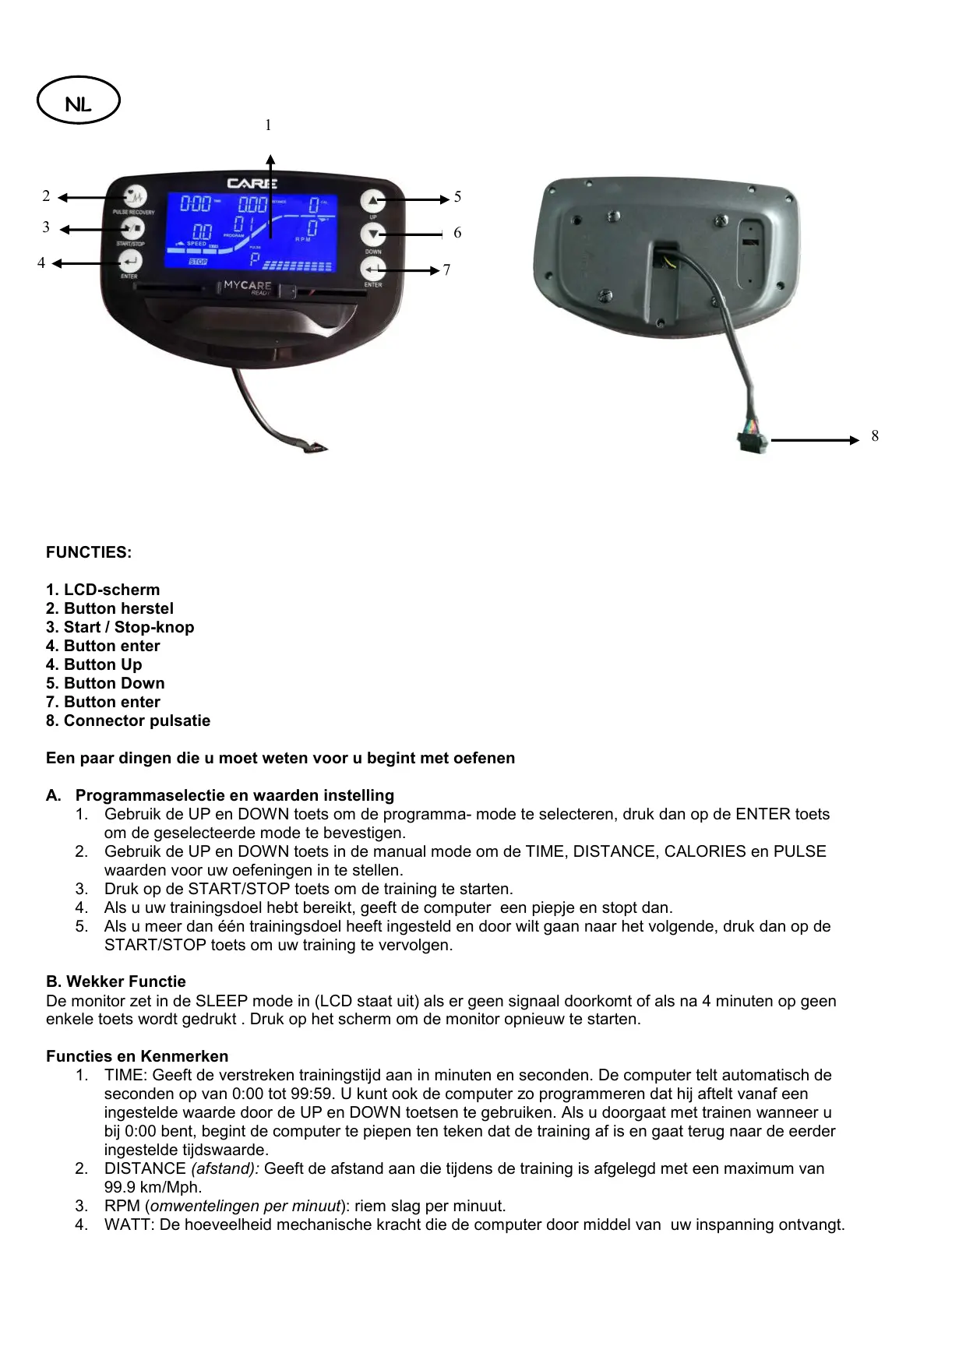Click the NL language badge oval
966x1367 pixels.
point(78,101)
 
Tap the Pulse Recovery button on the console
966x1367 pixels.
point(136,196)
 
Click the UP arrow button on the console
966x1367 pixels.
point(373,200)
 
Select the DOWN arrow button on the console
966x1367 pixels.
point(373,234)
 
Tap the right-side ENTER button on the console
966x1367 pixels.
point(373,270)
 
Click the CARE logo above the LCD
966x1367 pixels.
point(251,183)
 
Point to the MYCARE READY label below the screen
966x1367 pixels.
point(248,287)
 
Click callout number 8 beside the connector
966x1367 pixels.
point(875,436)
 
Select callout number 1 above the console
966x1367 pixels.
point(268,125)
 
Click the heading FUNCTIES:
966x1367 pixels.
point(89,552)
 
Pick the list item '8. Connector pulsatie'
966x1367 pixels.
point(128,720)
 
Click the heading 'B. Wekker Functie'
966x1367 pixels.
point(116,981)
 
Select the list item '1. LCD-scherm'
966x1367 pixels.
point(103,590)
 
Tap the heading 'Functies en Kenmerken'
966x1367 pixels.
point(137,1056)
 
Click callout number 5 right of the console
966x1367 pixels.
point(457,197)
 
